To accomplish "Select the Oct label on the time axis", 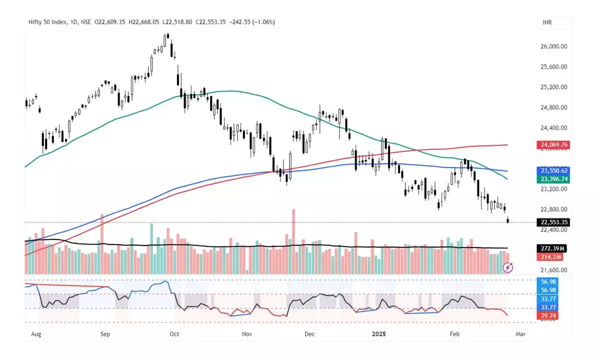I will click(x=174, y=332).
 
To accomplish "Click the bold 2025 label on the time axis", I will click(x=381, y=332).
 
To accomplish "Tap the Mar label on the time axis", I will click(x=520, y=332).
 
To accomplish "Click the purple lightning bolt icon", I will click(x=508, y=268).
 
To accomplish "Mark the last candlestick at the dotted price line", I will click(x=508, y=220).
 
